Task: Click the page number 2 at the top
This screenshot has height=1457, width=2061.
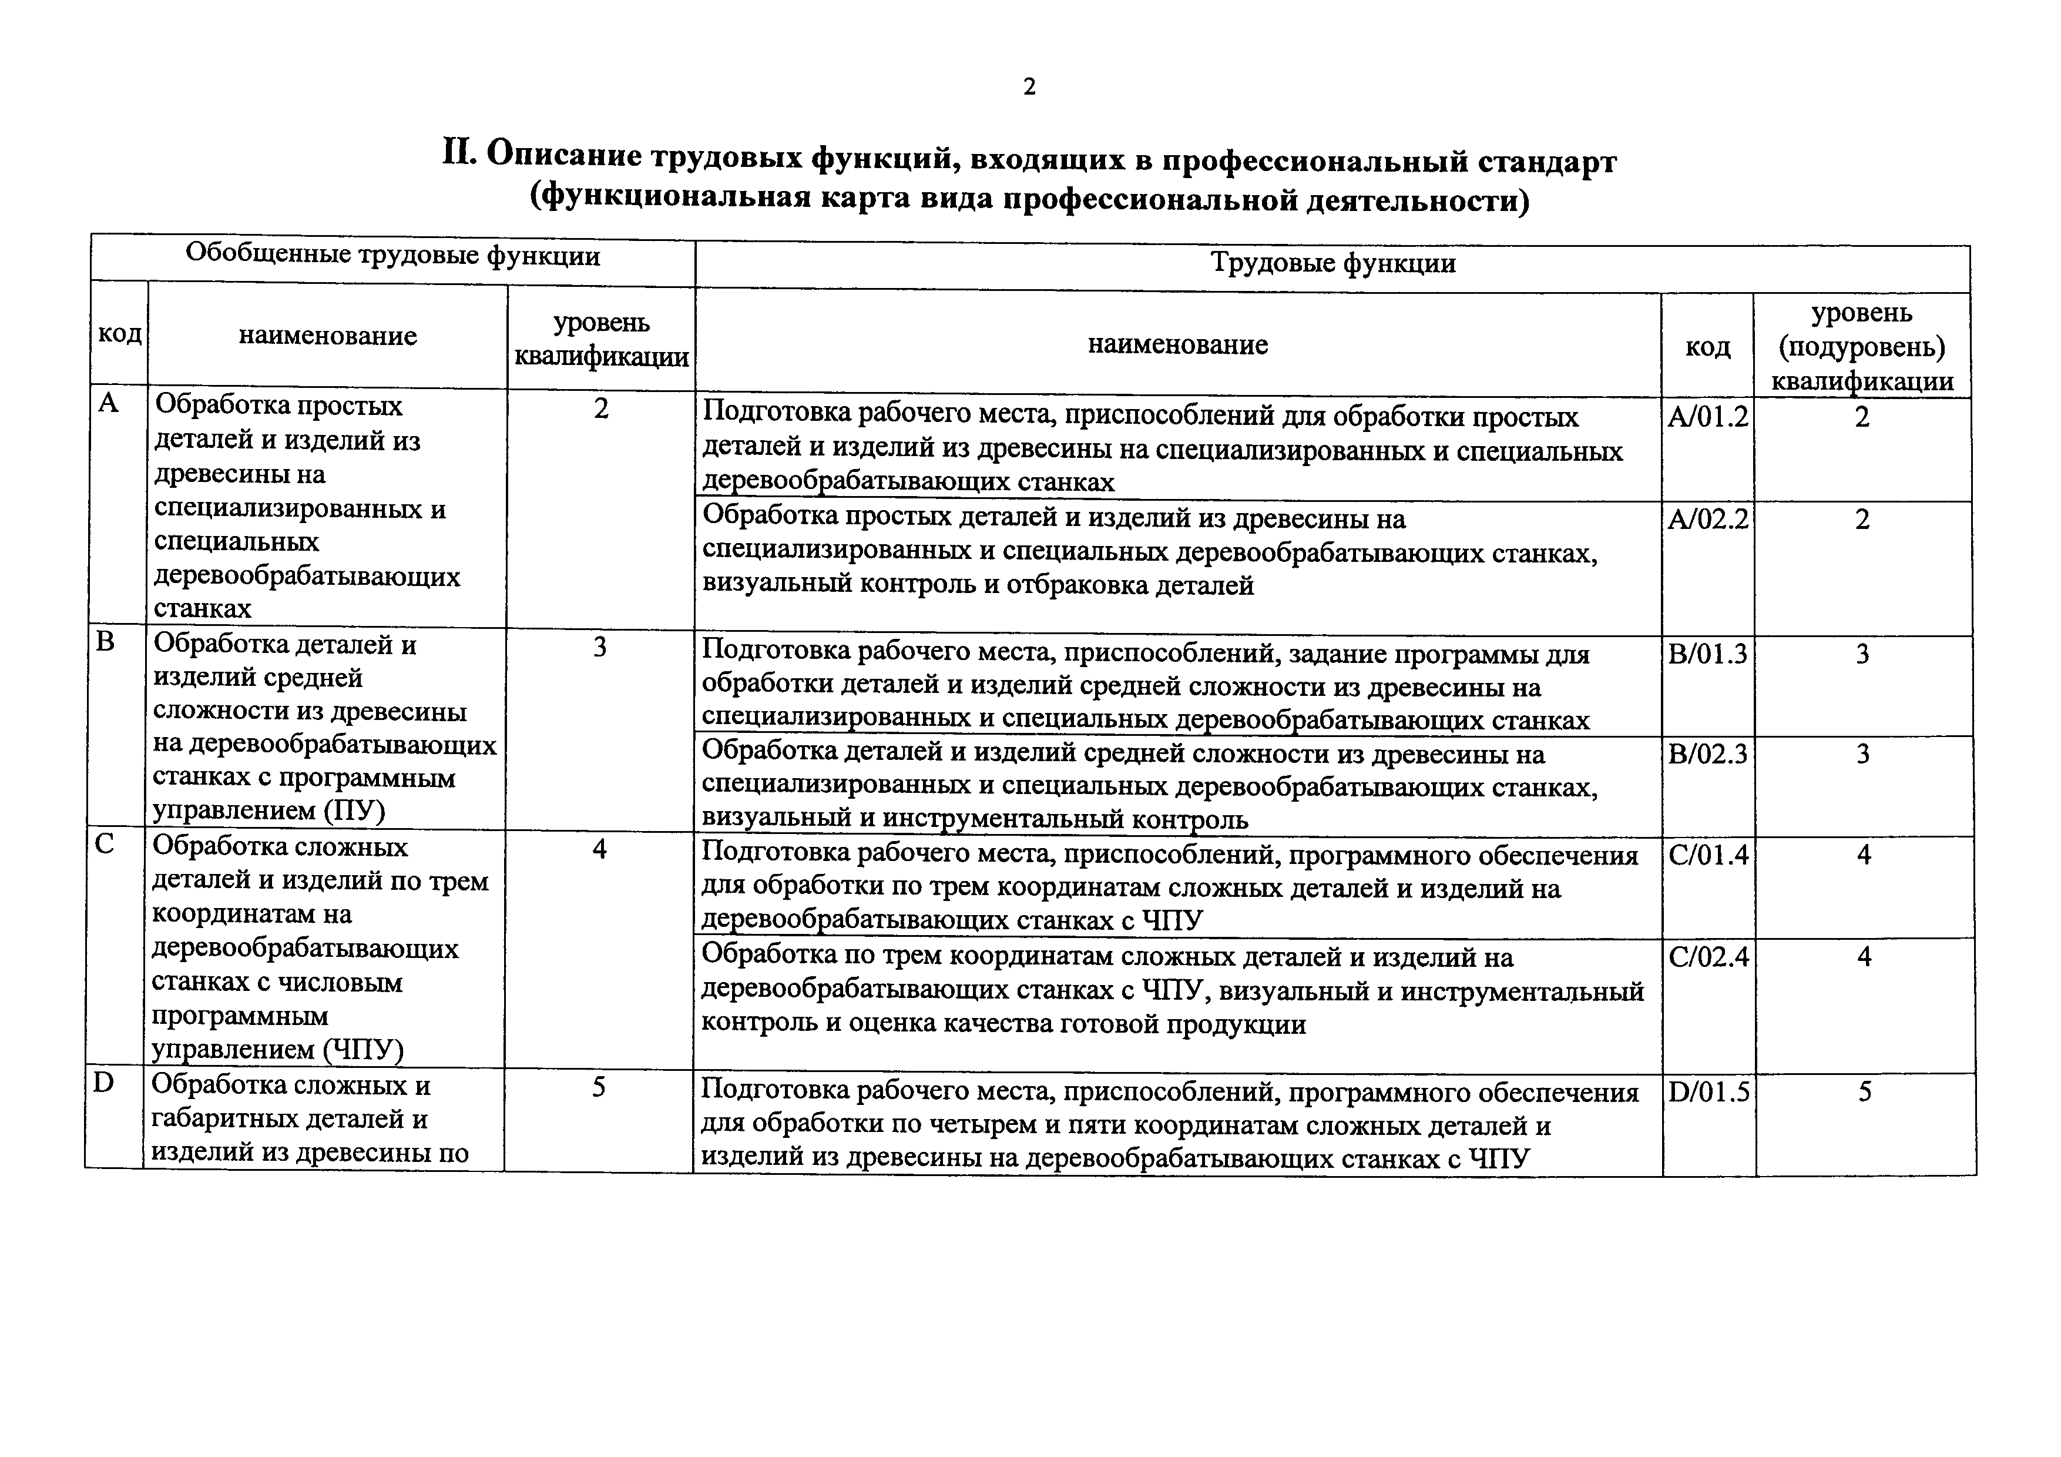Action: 1029,87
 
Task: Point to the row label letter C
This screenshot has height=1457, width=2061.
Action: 105,845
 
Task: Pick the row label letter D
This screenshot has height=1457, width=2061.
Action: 104,1084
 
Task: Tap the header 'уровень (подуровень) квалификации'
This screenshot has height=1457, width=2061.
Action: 1862,347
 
